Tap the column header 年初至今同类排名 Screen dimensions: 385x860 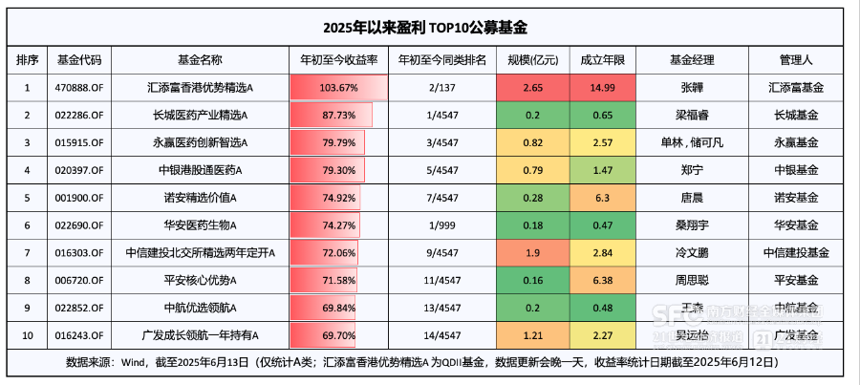(x=441, y=59)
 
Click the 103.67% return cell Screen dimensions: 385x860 (x=338, y=87)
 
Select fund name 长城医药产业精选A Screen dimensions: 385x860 (x=201, y=115)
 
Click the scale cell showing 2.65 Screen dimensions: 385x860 (x=533, y=87)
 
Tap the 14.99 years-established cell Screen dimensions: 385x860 (x=603, y=87)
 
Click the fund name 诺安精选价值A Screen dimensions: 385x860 (x=201, y=197)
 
